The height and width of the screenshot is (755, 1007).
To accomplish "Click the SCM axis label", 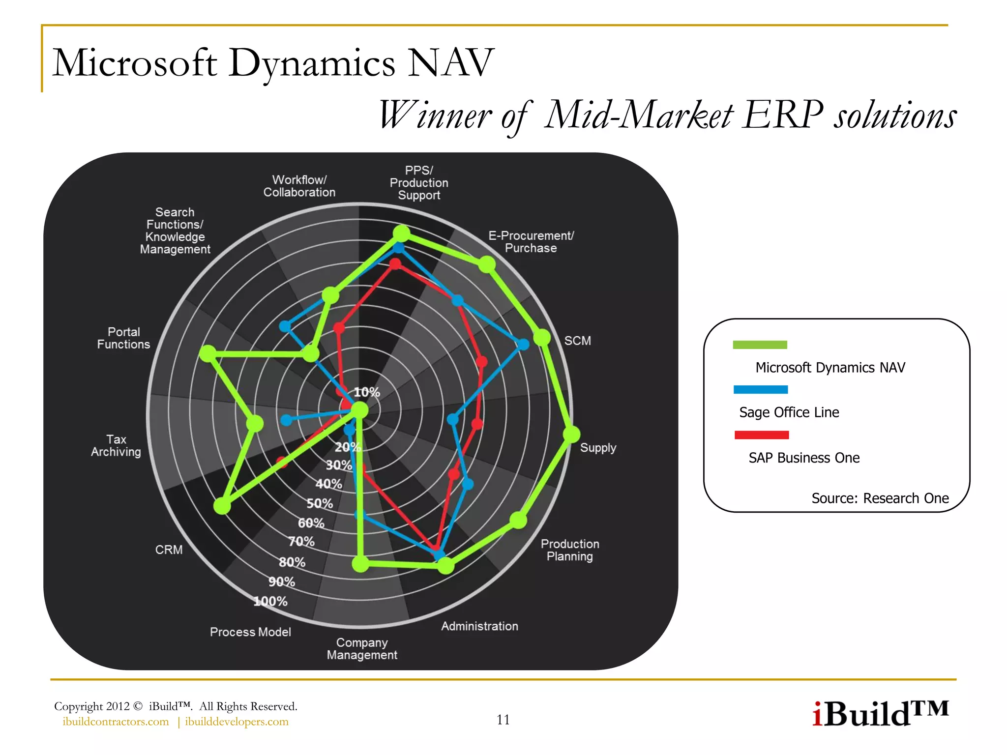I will [x=577, y=341].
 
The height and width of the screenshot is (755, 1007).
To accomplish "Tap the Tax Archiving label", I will [x=116, y=445].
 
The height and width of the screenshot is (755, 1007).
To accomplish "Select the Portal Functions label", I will [x=123, y=338].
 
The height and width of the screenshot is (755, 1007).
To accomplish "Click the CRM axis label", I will [x=169, y=550].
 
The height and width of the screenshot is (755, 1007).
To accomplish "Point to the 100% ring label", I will [x=270, y=601].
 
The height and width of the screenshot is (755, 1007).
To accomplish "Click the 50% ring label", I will [x=320, y=503].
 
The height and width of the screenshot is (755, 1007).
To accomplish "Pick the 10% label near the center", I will [x=367, y=392].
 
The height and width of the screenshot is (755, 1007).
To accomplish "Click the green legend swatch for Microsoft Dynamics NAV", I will [x=760, y=345].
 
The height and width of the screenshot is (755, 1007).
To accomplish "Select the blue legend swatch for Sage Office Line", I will [x=760, y=389].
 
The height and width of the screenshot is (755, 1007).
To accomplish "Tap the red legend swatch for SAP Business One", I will [x=761, y=435].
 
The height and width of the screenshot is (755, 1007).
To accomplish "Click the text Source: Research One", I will [x=880, y=498].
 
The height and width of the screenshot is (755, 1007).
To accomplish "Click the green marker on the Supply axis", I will [x=571, y=434].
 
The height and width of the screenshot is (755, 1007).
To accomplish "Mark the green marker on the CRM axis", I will [x=222, y=506].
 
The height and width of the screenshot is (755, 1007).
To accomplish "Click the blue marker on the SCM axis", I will [x=524, y=344].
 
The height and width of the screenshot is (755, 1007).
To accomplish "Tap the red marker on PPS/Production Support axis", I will [x=395, y=264].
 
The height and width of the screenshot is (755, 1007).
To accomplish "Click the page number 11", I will [x=503, y=720].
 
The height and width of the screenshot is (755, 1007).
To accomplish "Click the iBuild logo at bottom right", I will [x=880, y=714].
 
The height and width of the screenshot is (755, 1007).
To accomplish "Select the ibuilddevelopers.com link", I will [x=237, y=722].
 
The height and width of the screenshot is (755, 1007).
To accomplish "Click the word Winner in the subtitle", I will [x=435, y=116].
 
